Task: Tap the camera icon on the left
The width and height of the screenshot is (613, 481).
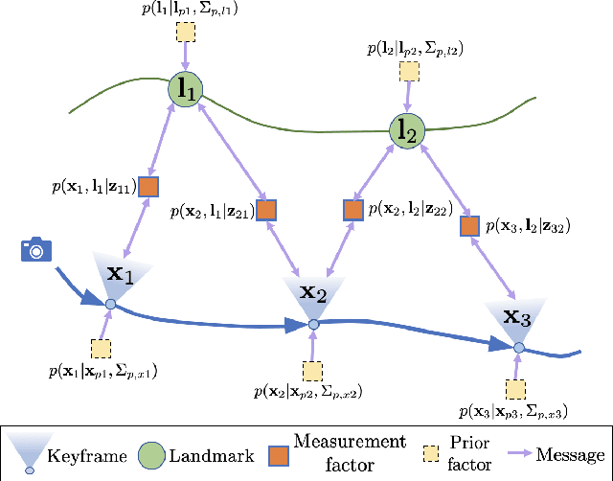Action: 35,251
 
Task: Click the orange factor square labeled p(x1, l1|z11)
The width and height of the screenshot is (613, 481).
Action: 148,186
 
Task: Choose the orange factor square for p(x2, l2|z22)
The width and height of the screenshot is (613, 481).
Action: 353,209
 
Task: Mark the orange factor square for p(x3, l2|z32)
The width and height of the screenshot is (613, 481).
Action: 468,226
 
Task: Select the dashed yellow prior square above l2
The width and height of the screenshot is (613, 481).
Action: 409,71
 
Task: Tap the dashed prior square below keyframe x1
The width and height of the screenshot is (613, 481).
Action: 101,347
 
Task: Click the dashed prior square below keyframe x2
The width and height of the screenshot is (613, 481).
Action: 312,370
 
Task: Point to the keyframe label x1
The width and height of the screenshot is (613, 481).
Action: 120,273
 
